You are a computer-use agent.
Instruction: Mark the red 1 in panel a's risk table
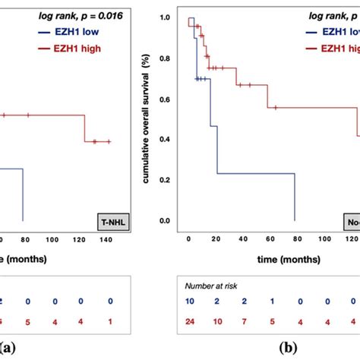click(x=110, y=318)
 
